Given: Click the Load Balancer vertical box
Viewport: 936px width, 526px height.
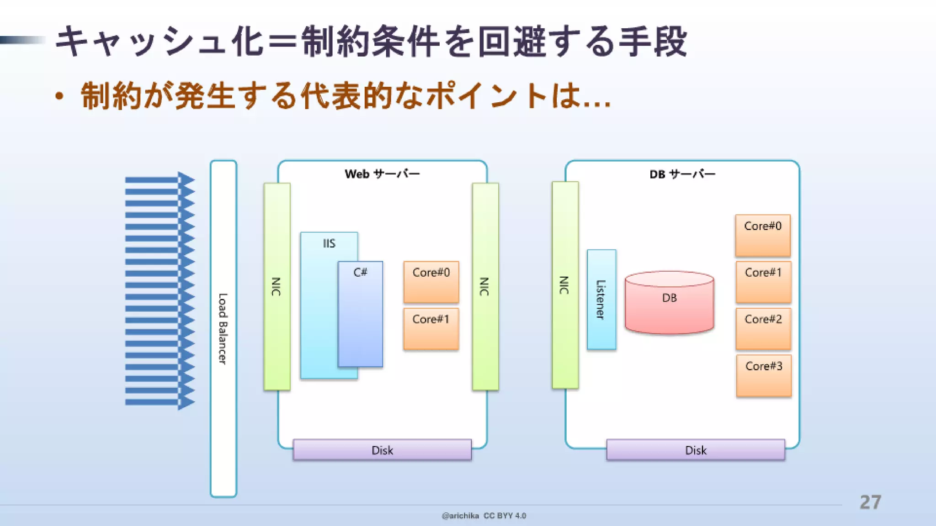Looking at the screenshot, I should click(223, 328).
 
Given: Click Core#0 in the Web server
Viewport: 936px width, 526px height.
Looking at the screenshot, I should click(431, 282).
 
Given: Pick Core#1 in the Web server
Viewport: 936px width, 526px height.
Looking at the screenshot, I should click(431, 329).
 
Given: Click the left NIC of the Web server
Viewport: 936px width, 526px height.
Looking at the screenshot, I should click(277, 286).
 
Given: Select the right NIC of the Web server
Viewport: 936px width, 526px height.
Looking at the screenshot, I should click(485, 286).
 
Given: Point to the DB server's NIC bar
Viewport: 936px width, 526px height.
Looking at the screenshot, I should click(565, 285).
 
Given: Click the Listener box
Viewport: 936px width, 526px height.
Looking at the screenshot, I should click(601, 300).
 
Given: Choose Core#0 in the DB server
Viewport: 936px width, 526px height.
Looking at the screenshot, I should click(762, 235).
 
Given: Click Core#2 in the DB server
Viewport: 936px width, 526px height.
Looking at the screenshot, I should click(763, 329).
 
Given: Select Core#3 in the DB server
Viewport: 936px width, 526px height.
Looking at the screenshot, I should click(764, 376).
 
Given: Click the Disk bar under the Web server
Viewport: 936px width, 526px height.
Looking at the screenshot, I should click(382, 450).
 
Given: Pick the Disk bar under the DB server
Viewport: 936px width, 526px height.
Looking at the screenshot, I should click(696, 450).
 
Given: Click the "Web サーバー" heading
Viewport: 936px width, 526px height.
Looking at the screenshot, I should click(382, 174).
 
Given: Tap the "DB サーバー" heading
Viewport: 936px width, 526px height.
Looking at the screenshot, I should click(682, 174).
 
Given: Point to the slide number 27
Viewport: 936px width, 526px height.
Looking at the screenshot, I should click(870, 502).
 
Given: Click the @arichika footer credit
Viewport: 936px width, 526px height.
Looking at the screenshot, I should click(460, 516).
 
